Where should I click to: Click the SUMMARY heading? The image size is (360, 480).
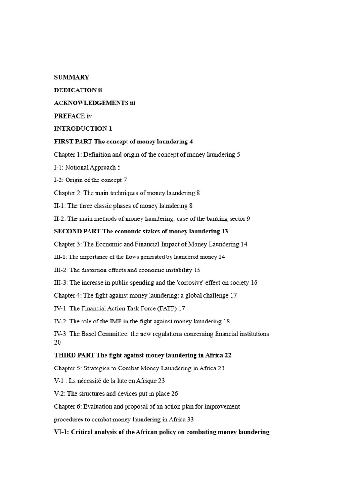71,77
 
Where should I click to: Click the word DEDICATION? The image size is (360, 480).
75,90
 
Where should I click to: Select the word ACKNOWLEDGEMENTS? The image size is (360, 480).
91,103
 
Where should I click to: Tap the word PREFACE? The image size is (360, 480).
69,116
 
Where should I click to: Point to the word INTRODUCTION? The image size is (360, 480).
80,128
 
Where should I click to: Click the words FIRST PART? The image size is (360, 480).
73,142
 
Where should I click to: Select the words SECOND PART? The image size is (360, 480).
77,231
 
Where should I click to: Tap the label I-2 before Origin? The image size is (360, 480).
58,180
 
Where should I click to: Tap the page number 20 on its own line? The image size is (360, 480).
58,342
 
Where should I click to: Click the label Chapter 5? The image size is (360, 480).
67,368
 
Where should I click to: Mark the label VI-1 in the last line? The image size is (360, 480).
61,432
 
